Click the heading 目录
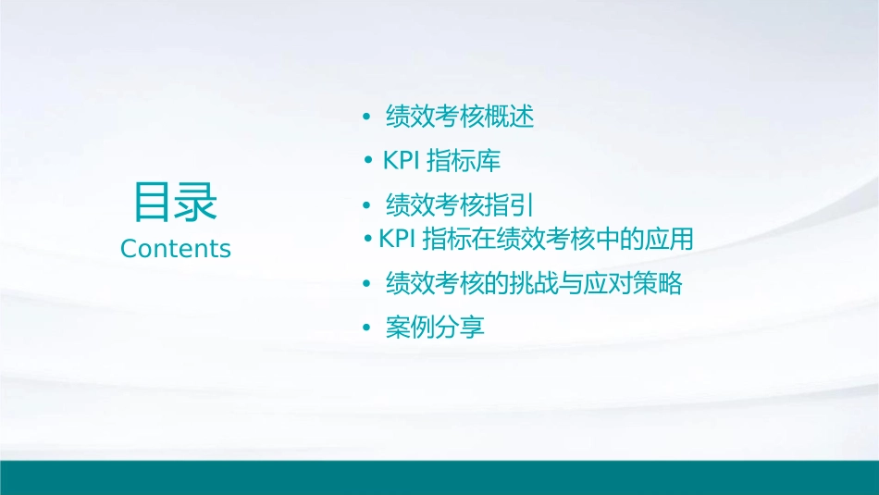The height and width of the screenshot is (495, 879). coord(175,202)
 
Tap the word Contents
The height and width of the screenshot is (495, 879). coord(176,249)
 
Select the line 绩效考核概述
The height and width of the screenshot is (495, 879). coord(459,117)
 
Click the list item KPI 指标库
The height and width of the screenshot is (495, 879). coord(441,160)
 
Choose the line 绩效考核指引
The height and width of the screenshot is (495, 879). coord(459,204)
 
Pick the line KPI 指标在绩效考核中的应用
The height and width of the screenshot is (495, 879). coord(536,239)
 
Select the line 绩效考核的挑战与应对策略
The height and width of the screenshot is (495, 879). coord(533,283)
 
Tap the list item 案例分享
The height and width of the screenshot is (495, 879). coord(435,327)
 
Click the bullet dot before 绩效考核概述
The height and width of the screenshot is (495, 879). coord(366,118)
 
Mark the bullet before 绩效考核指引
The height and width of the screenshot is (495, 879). coord(366,204)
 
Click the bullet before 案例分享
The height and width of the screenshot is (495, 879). coord(366,328)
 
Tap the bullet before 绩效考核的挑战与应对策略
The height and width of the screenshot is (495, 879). coord(366,284)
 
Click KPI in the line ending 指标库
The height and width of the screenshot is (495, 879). coord(402,160)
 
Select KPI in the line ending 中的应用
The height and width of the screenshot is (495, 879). coord(398,239)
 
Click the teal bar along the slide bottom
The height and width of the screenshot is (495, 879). coord(439,477)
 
